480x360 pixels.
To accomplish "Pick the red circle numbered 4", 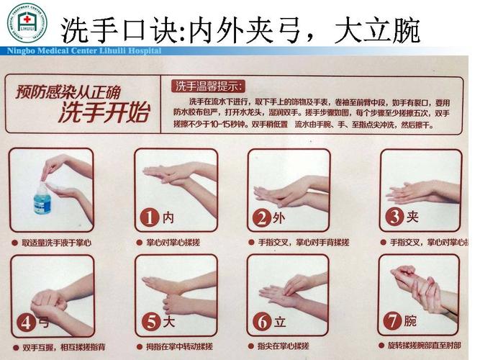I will [x=26, y=323].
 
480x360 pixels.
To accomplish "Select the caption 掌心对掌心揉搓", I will [x=176, y=243].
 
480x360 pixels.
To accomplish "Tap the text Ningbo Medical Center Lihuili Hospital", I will [x=83, y=51].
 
